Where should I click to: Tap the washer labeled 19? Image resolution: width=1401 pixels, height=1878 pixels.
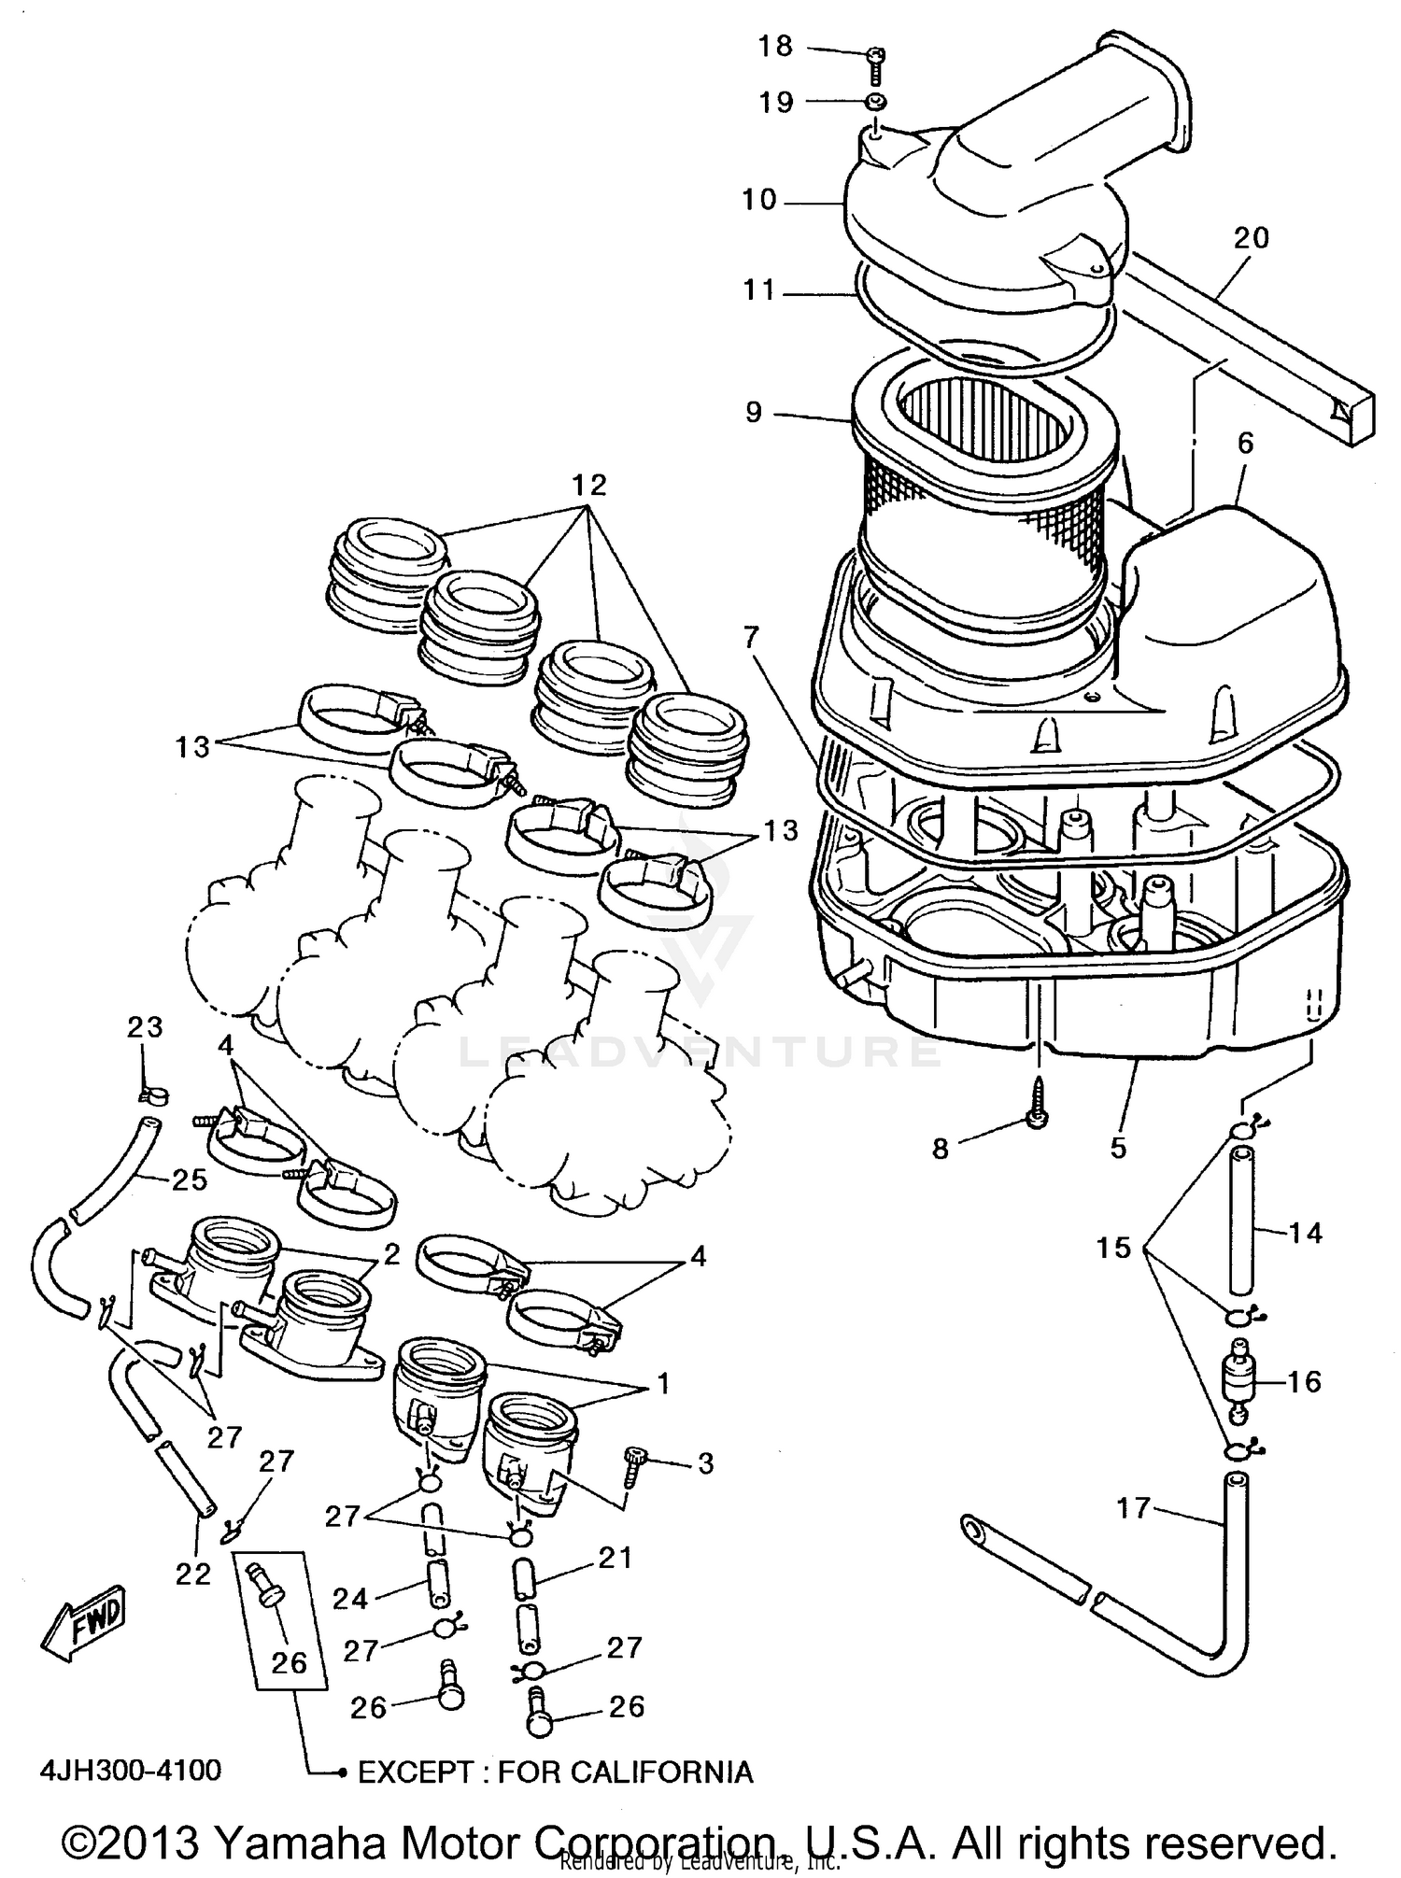click(875, 102)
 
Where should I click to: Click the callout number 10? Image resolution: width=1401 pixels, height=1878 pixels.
click(759, 200)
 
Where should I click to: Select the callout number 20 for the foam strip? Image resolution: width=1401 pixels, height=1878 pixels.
click(1251, 238)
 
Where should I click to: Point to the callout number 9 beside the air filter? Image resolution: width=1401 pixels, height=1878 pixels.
click(754, 412)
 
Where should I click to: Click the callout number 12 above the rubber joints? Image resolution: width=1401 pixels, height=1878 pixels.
click(589, 485)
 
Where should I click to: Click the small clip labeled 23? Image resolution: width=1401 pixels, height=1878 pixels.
click(149, 1093)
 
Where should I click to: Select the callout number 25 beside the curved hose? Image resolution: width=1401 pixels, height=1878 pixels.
click(189, 1179)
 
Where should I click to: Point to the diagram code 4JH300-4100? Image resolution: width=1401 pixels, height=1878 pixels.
click(130, 1770)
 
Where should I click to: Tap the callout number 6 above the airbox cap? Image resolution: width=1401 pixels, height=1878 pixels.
click(1246, 443)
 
